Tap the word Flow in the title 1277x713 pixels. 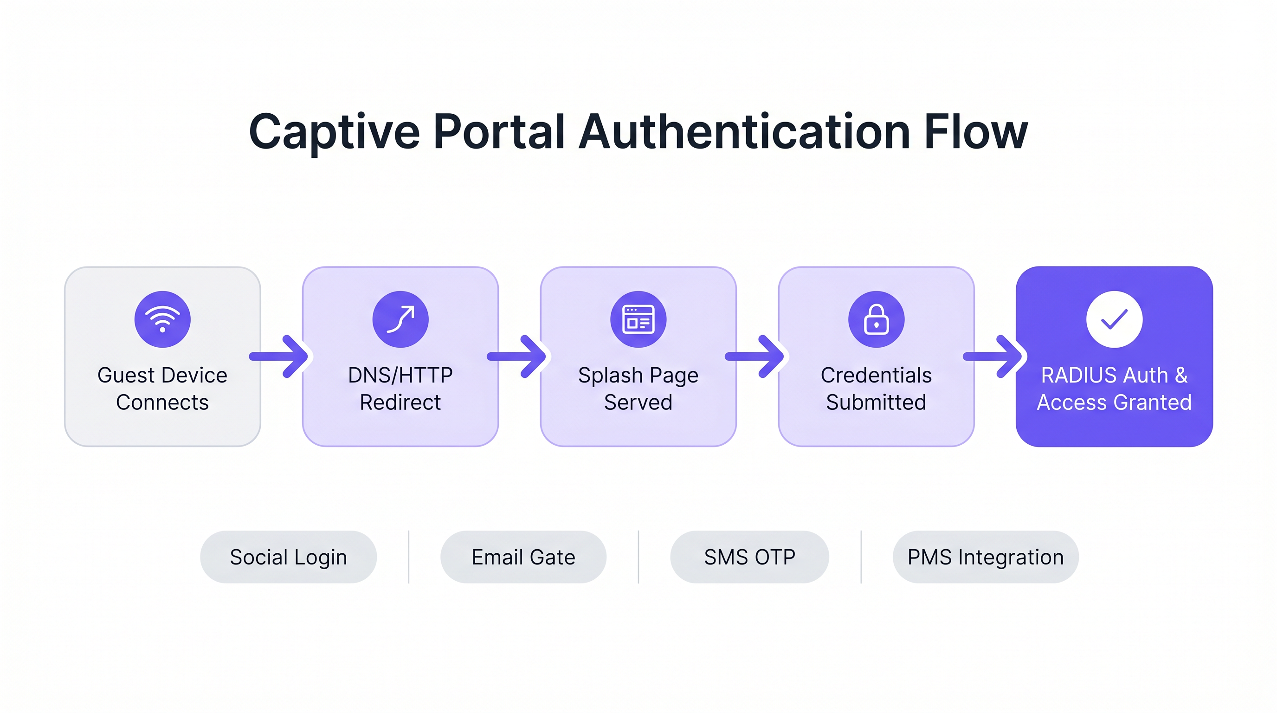coord(975,132)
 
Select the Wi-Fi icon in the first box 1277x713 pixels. coord(162,319)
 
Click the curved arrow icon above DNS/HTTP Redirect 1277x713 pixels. coord(400,319)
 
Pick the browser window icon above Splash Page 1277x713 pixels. coord(638,319)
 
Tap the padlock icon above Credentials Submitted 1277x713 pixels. coord(876,319)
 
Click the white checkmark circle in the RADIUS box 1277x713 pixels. coord(1115,319)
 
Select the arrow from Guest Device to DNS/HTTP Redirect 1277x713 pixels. coord(280,356)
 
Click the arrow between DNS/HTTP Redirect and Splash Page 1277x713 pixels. coord(518,356)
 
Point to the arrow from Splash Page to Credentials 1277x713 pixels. coord(756,356)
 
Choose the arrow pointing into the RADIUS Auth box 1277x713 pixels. coord(994,356)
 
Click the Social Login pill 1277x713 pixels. coord(289,557)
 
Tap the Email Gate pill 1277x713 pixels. coord(523,557)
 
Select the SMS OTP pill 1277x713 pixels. coord(749,557)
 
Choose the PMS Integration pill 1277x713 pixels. coord(986,557)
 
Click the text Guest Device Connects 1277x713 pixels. coord(162,388)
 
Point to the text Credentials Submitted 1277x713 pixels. coord(876,388)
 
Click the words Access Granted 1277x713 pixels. coord(1115,402)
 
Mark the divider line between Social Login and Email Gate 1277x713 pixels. coord(409,557)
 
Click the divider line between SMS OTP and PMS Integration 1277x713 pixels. coord(861,557)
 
